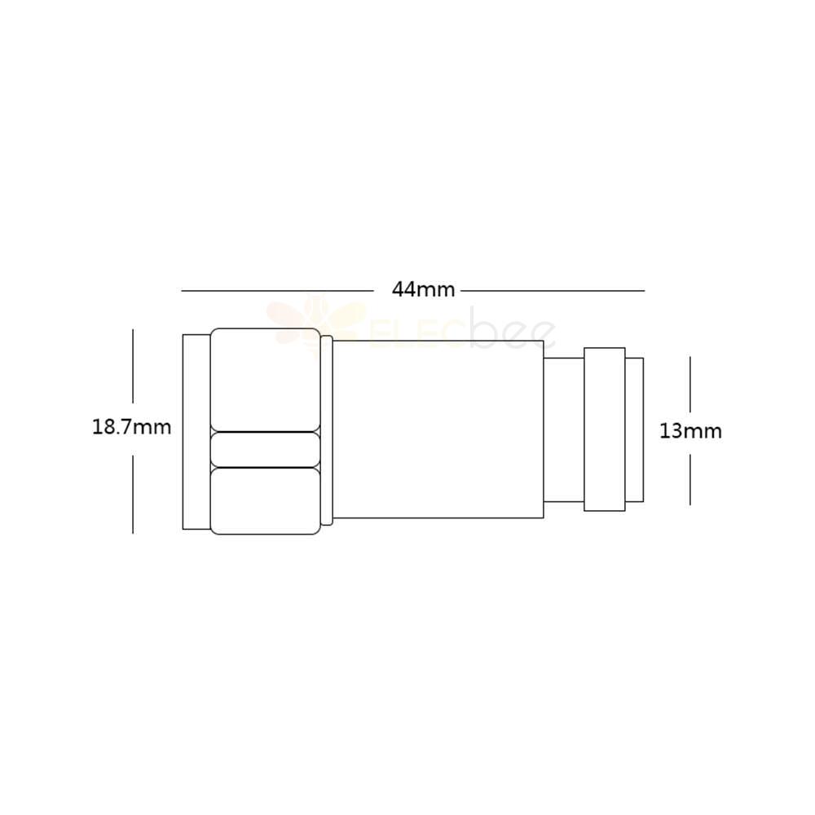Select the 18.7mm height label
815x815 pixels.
131,427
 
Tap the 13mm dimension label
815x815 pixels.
690,431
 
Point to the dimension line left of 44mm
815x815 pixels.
277,291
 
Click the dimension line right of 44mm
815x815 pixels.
553,291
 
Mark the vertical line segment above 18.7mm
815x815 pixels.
133,366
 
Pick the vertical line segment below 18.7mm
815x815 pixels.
133,495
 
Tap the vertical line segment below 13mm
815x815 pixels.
690,478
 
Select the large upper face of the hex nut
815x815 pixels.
265,380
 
